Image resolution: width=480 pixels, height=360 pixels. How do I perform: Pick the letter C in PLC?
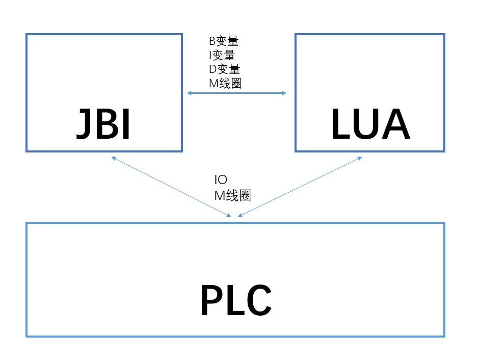coord(257,301)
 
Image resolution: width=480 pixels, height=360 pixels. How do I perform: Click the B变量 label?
coord(223,41)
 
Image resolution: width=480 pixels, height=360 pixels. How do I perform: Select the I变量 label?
coord(222,55)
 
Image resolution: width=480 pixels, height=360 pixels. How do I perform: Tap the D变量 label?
coord(224,69)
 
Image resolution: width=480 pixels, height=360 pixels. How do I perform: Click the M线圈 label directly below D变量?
coord(225,83)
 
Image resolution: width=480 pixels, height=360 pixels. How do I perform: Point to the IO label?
coord(221,180)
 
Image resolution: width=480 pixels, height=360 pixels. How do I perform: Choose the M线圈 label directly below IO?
coord(232,195)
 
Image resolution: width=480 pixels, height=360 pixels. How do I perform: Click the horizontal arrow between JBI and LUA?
coord(236,93)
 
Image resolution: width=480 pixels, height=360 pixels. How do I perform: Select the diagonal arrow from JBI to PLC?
coord(171,187)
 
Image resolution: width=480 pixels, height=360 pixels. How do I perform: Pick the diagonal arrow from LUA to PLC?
coord(300,187)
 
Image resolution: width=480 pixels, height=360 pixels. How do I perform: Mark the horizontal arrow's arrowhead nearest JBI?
coord(189,93)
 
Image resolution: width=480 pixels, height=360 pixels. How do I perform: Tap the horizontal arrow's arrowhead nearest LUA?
coord(284,93)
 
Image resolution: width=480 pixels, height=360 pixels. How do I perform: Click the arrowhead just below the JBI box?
coord(114,159)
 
